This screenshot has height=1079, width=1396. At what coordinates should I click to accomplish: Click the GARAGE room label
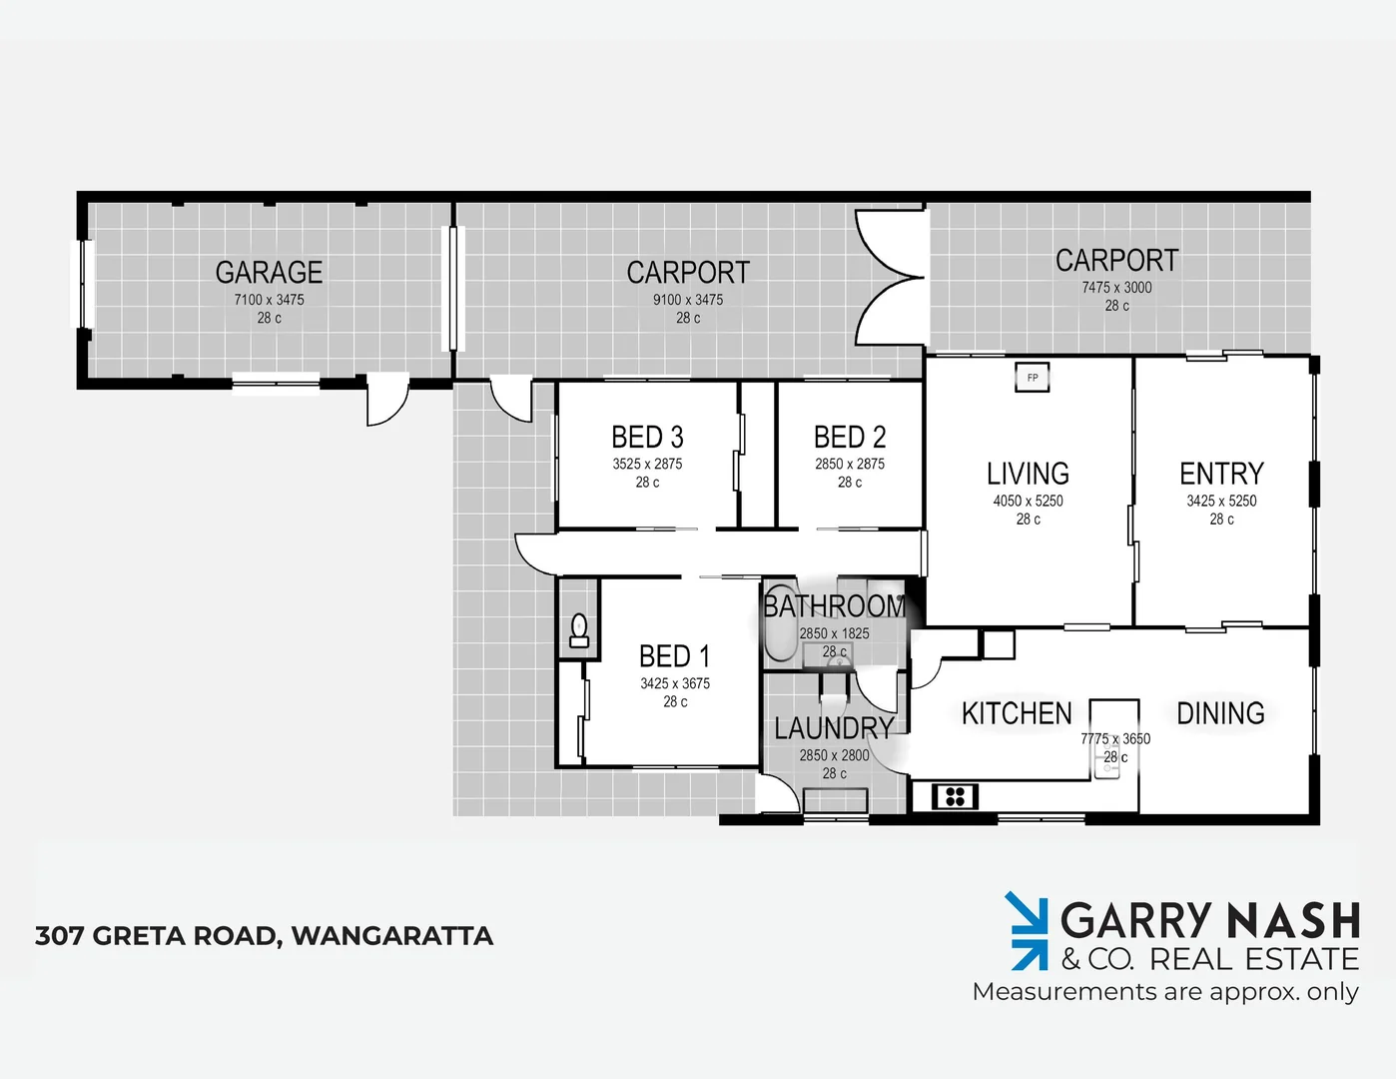269,272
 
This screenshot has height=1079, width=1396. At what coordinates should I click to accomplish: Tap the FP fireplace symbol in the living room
1033,378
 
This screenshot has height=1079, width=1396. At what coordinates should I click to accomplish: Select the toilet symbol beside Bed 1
578,630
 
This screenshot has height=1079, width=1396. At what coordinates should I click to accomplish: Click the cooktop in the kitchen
955,796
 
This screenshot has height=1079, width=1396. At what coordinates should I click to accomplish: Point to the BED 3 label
647,437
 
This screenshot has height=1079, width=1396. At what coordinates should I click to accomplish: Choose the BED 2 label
849,437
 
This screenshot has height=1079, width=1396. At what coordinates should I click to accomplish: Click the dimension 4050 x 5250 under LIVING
1028,501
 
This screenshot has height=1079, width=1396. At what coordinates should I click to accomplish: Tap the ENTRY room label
1221,473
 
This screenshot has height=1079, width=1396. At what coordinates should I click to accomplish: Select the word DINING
1220,712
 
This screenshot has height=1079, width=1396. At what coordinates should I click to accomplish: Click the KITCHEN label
1017,713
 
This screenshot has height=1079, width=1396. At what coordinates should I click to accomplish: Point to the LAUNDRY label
834,728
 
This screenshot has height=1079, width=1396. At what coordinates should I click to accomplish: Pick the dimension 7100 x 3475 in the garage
269,300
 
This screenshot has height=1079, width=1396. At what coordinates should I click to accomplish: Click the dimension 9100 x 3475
688,300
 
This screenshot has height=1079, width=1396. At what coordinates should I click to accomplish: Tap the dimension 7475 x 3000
1116,288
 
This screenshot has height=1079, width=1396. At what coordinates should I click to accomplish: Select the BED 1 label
674,656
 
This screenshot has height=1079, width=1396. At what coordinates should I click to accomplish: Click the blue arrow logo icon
1027,931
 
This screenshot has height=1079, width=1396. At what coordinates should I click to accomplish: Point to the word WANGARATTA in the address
392,936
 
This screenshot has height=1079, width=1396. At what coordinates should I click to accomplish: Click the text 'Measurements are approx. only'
1165,992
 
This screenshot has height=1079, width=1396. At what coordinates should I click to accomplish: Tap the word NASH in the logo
1292,920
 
